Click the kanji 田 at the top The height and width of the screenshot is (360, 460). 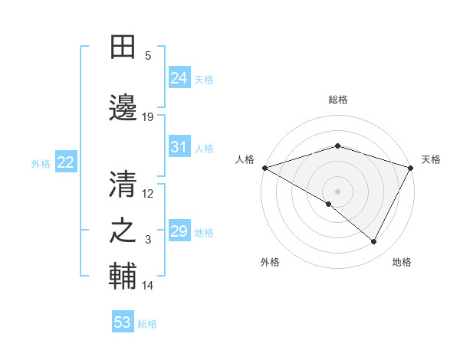(123, 47)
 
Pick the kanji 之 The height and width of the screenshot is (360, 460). (123, 230)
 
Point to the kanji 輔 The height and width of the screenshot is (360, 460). (123, 276)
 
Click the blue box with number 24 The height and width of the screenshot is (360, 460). (179, 77)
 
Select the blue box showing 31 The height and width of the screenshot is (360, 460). (179, 147)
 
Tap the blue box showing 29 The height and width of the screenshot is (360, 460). (179, 231)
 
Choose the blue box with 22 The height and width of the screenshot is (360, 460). (66, 162)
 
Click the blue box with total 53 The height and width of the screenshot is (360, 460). (123, 322)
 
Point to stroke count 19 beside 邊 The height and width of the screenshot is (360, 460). (148, 117)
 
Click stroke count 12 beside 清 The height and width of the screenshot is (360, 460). (148, 194)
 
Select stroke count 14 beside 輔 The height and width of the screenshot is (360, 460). (148, 286)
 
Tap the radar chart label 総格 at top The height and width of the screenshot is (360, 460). (338, 100)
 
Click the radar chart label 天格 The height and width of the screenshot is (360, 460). (432, 159)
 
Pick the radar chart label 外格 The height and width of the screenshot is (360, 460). (270, 262)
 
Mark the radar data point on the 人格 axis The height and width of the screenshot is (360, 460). (264, 167)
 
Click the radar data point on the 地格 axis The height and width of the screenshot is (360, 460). (374, 241)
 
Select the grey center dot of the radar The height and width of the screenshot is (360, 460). (338, 191)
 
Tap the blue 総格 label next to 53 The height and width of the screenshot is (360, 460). (147, 324)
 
